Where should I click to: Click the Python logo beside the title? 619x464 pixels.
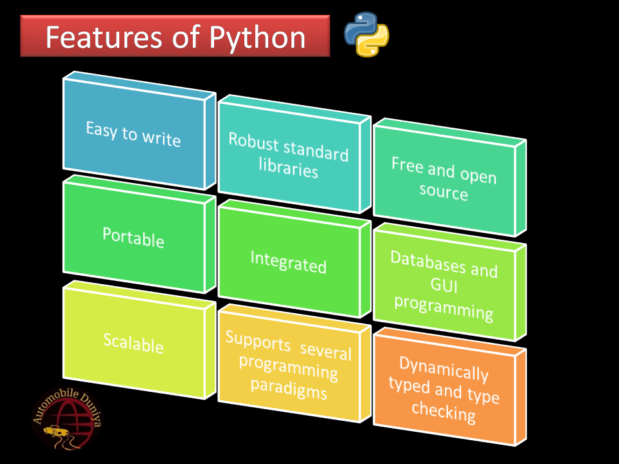(x=366, y=34)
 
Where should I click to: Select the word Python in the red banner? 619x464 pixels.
(x=257, y=37)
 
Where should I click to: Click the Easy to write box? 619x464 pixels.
(x=133, y=133)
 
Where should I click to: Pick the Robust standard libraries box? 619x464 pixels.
(x=288, y=156)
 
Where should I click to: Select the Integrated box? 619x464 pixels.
(x=288, y=262)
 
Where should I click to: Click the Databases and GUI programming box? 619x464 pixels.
(x=444, y=284)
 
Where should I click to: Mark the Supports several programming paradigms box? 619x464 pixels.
(x=288, y=365)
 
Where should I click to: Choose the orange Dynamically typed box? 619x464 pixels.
(x=444, y=390)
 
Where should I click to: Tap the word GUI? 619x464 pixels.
(x=444, y=285)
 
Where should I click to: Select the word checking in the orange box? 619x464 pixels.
(x=444, y=411)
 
